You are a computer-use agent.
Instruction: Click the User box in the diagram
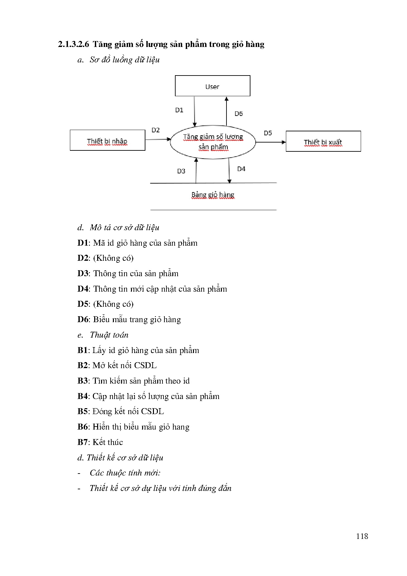212,86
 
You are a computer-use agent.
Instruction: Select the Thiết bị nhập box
107,141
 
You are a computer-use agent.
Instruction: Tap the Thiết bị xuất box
323,142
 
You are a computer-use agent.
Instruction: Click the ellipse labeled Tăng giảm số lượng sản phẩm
213,142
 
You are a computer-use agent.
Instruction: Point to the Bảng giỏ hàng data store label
213,195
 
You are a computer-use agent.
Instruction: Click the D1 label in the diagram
179,110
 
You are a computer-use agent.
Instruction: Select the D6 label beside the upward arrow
239,114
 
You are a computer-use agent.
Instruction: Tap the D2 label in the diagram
156,130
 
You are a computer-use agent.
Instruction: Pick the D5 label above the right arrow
268,133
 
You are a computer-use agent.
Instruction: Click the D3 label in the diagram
181,171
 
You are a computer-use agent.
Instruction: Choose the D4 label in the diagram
241,169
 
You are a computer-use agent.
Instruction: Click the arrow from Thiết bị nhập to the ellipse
158,140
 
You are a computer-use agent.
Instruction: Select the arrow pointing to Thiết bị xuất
270,142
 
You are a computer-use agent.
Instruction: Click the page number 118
362,536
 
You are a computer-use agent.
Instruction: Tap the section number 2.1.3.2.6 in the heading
74,44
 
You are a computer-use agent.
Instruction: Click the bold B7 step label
83,442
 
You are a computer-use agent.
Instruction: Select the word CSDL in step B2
145,366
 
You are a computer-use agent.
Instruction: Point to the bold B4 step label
83,396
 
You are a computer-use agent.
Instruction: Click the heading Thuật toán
109,335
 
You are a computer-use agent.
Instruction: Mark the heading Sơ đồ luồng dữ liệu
125,60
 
